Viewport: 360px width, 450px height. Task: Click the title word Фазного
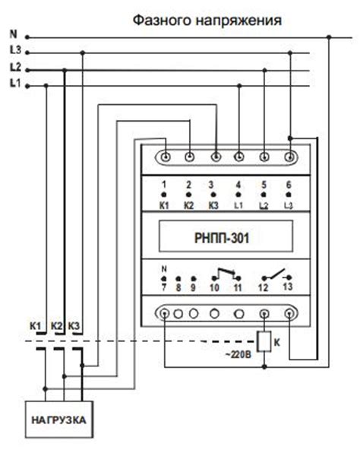point(163,19)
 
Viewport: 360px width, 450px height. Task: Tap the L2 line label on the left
point(14,68)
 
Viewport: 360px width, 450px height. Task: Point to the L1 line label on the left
point(14,85)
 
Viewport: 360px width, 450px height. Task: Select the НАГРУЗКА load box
point(58,419)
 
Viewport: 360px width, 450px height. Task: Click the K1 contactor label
point(35,327)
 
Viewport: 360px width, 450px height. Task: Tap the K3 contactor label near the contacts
point(74,327)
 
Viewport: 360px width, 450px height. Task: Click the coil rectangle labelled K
point(265,342)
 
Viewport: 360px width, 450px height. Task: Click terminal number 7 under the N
point(165,289)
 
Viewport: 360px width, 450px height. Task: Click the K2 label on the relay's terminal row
point(189,206)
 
